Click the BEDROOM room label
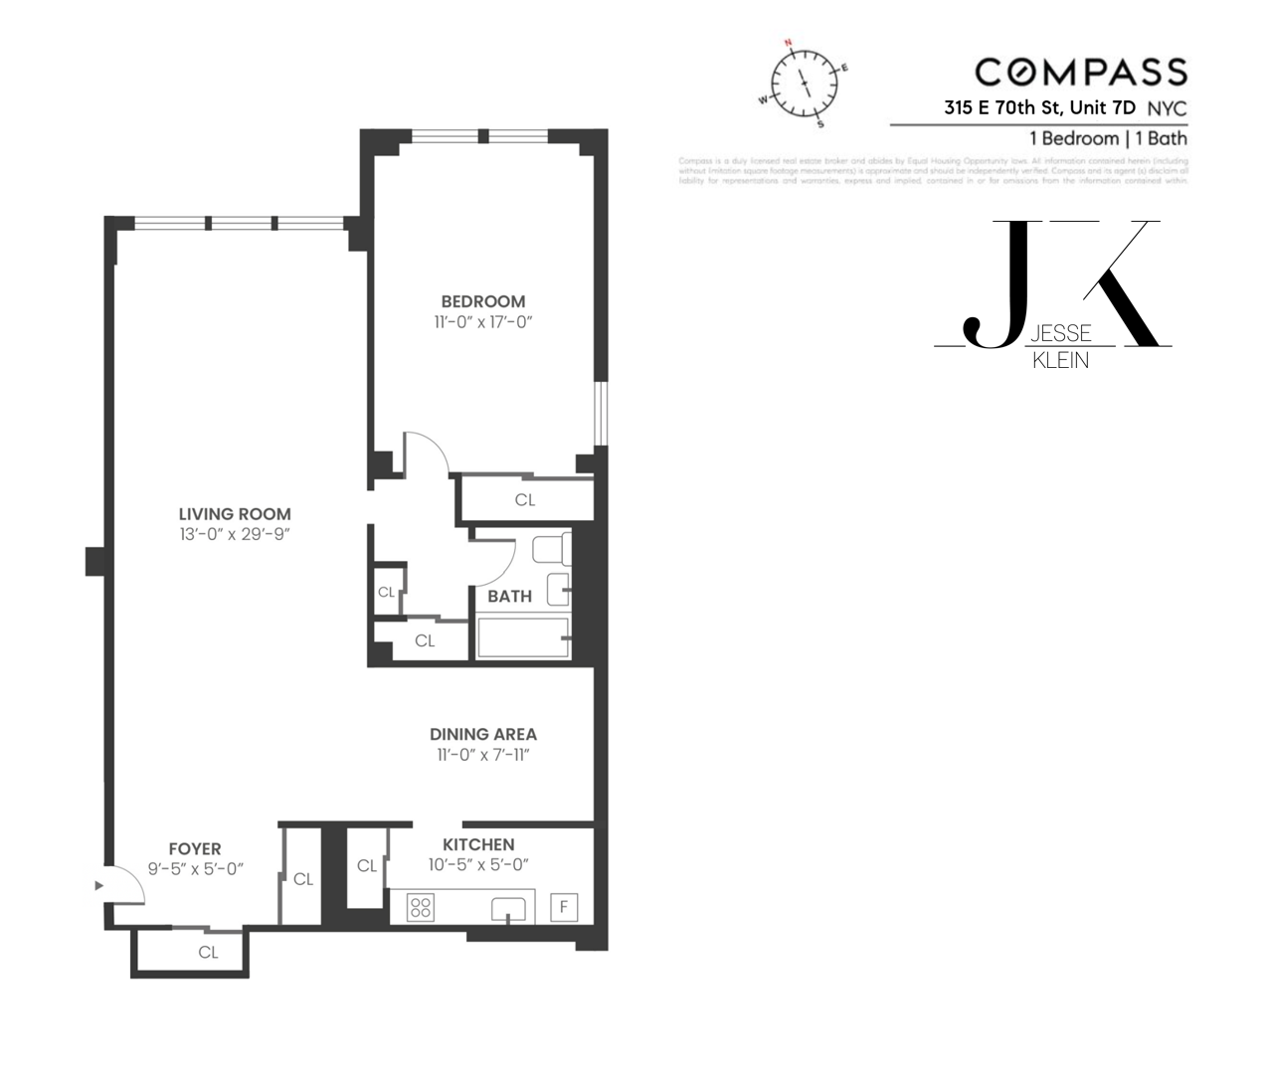point(482,301)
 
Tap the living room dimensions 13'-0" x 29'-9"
point(235,535)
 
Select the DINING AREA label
point(482,734)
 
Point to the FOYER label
point(195,848)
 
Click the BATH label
point(509,596)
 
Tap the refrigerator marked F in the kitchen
point(564,907)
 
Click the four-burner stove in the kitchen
point(421,907)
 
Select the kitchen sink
point(508,909)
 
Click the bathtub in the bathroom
point(522,637)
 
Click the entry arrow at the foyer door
point(98,884)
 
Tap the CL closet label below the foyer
point(208,952)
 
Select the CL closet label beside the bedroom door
point(525,500)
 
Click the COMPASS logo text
point(1081,72)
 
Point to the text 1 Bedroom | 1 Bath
point(1108,138)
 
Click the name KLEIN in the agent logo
point(1060,361)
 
